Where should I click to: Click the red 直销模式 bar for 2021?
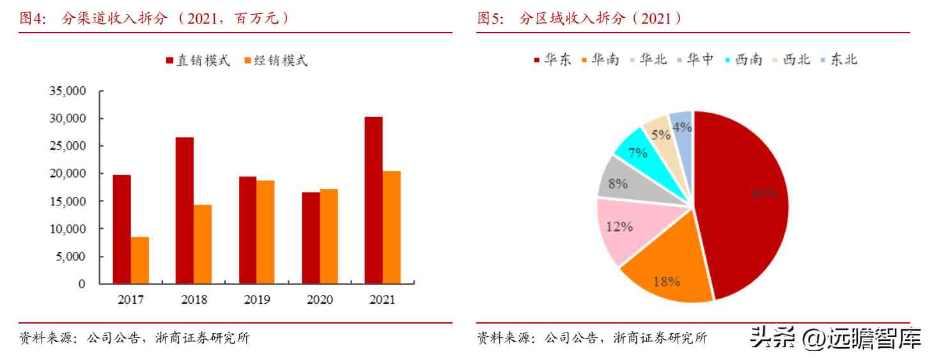[373, 200]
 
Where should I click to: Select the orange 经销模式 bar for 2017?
[140, 260]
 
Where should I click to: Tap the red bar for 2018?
[185, 210]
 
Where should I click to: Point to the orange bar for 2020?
[329, 237]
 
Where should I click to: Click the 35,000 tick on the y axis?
[68, 91]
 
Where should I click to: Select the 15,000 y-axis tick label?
[68, 201]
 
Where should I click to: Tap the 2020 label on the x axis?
[320, 300]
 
